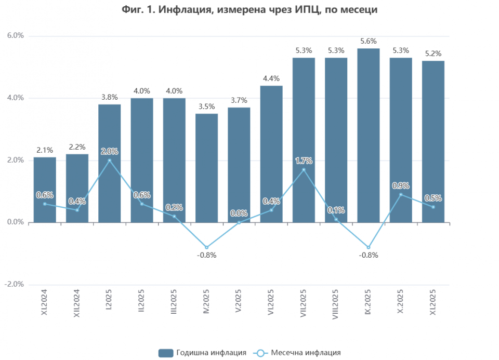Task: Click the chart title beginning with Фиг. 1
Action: (x=249, y=10)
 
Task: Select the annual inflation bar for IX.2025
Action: (x=369, y=135)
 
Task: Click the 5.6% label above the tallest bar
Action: (x=369, y=41)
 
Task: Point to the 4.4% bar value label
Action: (x=271, y=78)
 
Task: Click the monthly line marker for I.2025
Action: (x=109, y=161)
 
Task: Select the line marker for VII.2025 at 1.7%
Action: (x=304, y=170)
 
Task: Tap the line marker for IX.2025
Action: (x=369, y=247)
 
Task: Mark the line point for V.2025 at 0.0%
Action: (x=239, y=222)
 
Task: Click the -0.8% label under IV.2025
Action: (x=206, y=255)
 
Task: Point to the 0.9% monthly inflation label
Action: (x=401, y=185)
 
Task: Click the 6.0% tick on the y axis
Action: (x=16, y=36)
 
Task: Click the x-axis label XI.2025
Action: (x=433, y=304)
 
